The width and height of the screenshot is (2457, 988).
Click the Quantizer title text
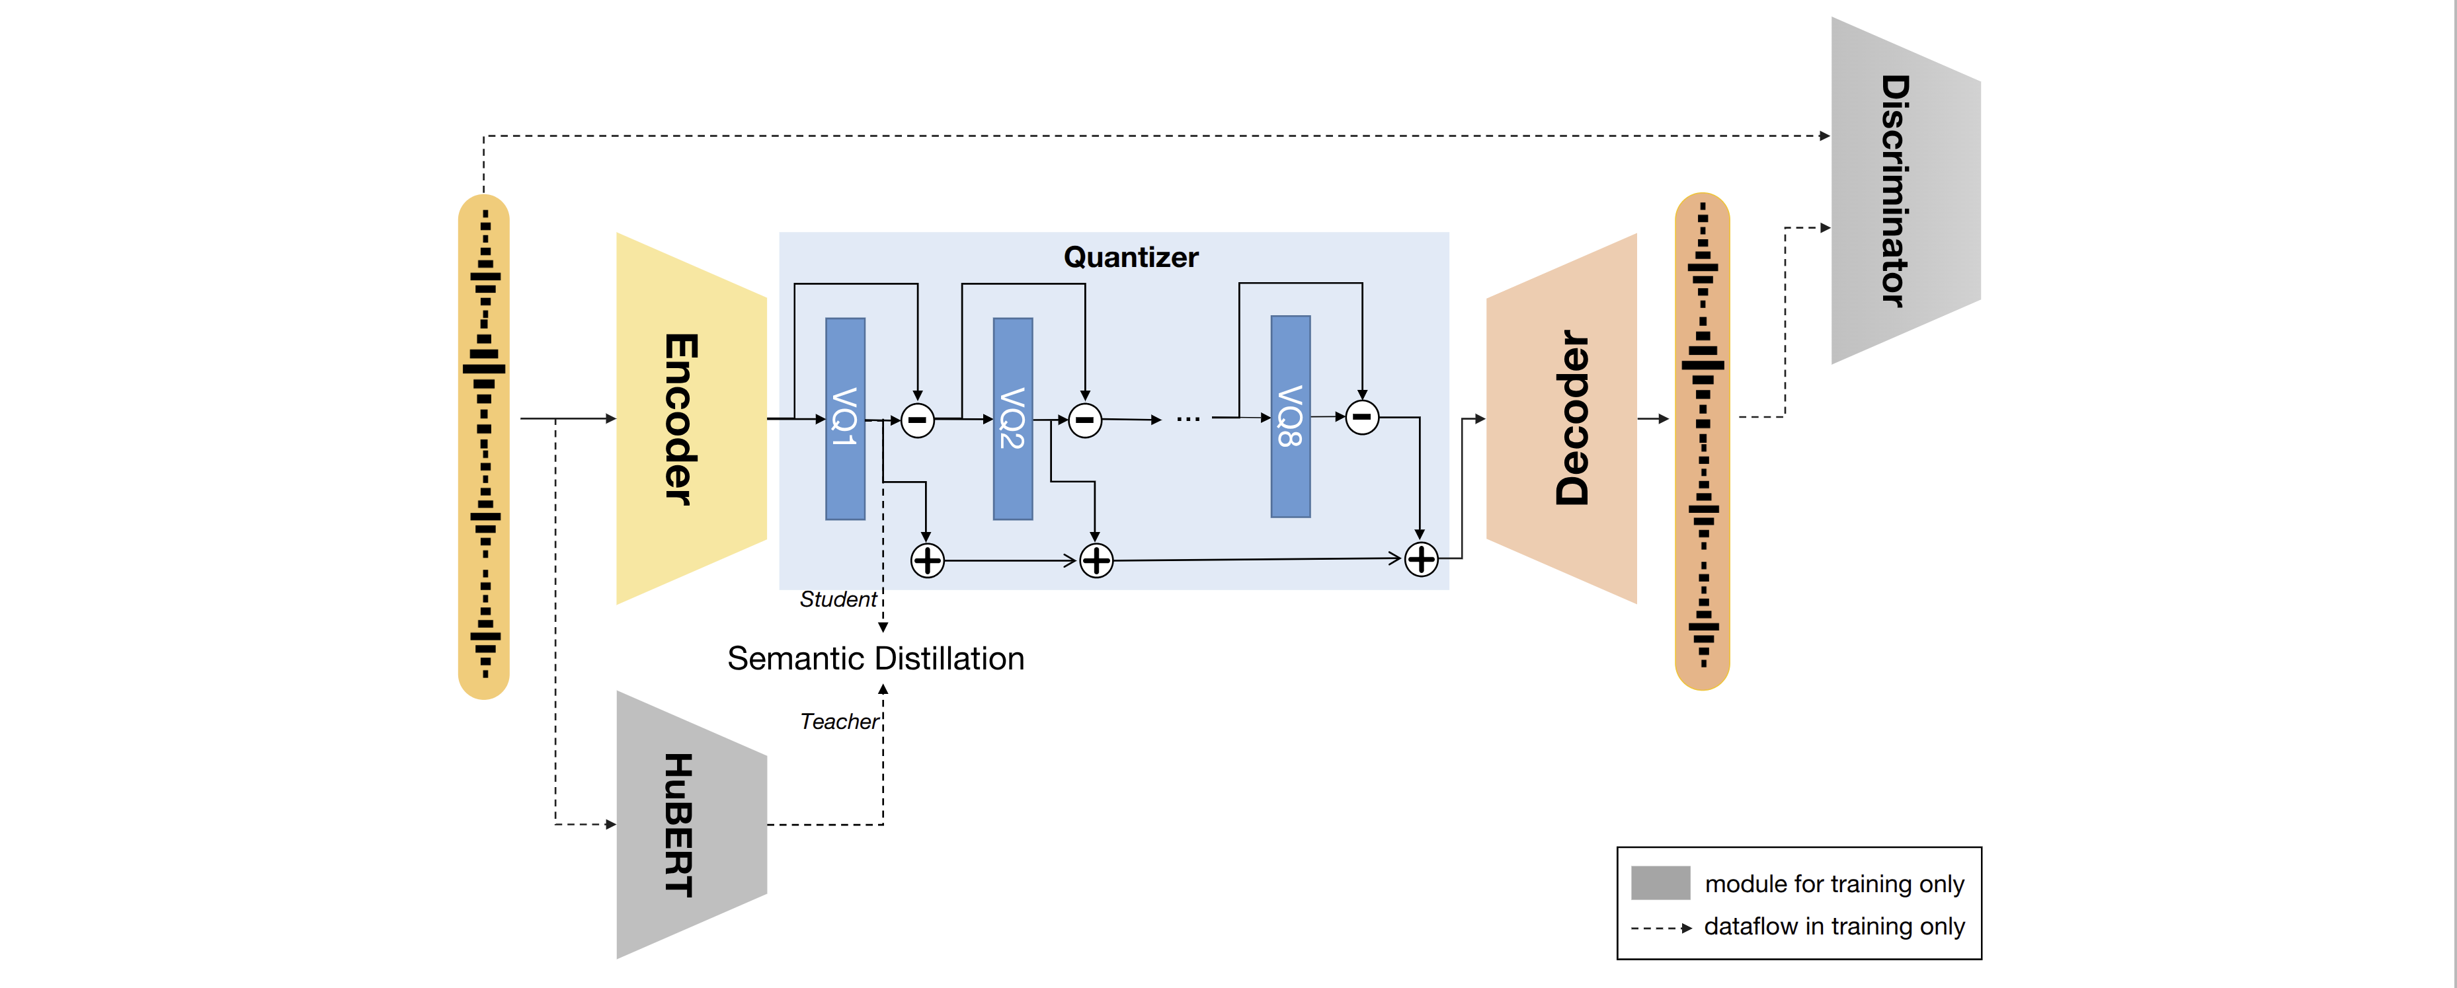[x=1130, y=258]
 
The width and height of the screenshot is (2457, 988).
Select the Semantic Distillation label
[x=875, y=659]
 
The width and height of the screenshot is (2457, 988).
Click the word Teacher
[x=838, y=722]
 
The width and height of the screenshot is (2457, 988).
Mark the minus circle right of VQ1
[x=918, y=420]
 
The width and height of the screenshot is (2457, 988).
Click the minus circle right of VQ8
[x=1362, y=417]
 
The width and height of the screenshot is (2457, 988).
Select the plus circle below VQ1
[x=927, y=561]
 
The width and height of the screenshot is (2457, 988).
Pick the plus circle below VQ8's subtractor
[x=1421, y=559]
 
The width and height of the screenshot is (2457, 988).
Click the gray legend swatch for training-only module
[x=1660, y=883]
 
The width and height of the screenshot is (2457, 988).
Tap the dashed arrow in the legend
[x=1660, y=927]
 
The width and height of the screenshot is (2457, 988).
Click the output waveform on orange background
[x=1703, y=441]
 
